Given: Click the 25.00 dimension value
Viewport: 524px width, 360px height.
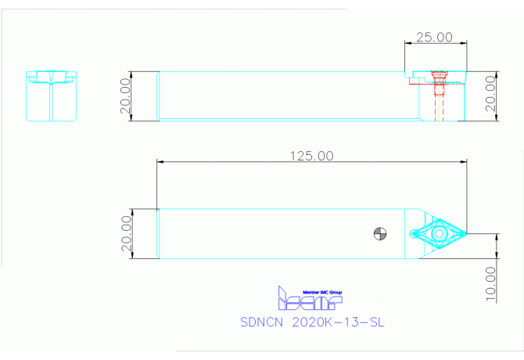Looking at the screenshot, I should pyautogui.click(x=434, y=37).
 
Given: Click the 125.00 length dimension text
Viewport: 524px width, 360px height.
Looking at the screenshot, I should pyautogui.click(x=310, y=156).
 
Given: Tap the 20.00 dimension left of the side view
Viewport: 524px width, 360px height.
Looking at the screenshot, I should pyautogui.click(x=125, y=96).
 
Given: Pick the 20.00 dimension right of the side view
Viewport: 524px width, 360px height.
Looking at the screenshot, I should pyautogui.click(x=490, y=95).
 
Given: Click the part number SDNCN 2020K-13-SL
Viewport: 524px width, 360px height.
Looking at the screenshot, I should pyautogui.click(x=312, y=322).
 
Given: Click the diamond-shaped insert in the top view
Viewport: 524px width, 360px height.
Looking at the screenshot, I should pyautogui.click(x=440, y=233).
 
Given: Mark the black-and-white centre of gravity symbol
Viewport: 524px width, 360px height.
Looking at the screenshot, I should pyautogui.click(x=379, y=233).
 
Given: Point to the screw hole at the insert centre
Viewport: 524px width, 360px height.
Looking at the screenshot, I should pyautogui.click(x=440, y=233).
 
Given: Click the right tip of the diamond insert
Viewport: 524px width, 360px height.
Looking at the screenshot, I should pyautogui.click(x=467, y=233).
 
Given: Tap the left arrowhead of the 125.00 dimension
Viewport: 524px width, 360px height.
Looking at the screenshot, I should pyautogui.click(x=160, y=162).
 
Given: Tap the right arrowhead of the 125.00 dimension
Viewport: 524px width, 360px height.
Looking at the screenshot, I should pyautogui.click(x=465, y=162).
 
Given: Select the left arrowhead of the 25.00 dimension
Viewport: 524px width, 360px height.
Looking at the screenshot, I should pyautogui.click(x=407, y=44).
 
